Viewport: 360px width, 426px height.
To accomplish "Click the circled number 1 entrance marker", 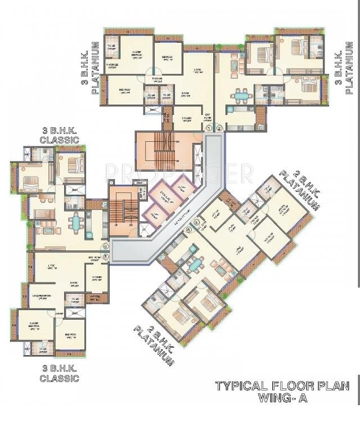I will pyautogui.click(x=210, y=128).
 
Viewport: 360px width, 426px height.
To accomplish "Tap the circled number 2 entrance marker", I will pyautogui.click(x=219, y=128).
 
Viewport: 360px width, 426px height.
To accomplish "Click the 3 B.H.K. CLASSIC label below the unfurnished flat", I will pyautogui.click(x=59, y=373).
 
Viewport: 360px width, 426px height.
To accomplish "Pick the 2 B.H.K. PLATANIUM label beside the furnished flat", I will pyautogui.click(x=153, y=344).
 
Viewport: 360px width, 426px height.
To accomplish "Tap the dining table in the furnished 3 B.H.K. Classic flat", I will pyautogui.click(x=76, y=223).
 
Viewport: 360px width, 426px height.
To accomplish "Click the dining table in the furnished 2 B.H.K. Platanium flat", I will pyautogui.click(x=195, y=263).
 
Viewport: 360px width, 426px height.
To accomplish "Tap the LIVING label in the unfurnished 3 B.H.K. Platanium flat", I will pyautogui.click(x=197, y=70).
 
